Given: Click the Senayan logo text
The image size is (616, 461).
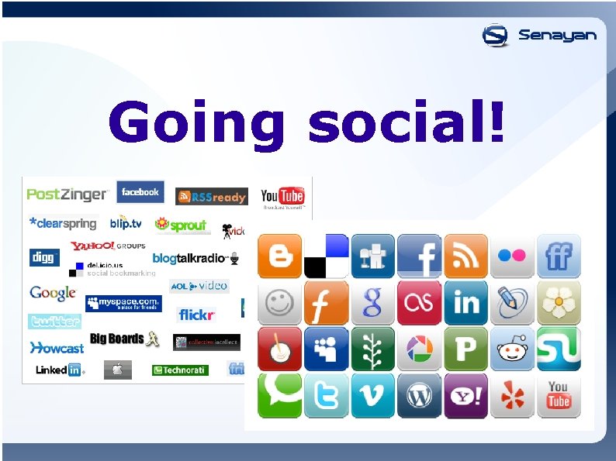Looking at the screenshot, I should tap(557, 36).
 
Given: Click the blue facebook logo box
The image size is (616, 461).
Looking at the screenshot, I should tap(140, 192).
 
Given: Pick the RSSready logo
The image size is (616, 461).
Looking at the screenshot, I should tap(211, 197).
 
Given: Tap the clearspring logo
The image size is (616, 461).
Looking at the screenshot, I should tap(63, 223).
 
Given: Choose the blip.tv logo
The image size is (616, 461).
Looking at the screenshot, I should tap(126, 223).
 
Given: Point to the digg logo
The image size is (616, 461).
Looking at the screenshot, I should tap(44, 257).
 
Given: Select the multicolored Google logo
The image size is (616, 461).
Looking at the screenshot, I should tap(53, 293).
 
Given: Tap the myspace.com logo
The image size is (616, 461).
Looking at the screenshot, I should tap(123, 302).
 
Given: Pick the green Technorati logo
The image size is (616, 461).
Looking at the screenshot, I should tap(180, 370).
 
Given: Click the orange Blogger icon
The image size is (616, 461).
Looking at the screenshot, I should tap(279, 256).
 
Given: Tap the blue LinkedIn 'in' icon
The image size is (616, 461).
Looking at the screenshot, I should tap(465, 302).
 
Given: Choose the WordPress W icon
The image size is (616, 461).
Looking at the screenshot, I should tap(419, 396).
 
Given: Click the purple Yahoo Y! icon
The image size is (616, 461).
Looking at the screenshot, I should tap(465, 396).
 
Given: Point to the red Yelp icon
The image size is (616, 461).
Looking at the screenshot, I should tap(512, 396).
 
